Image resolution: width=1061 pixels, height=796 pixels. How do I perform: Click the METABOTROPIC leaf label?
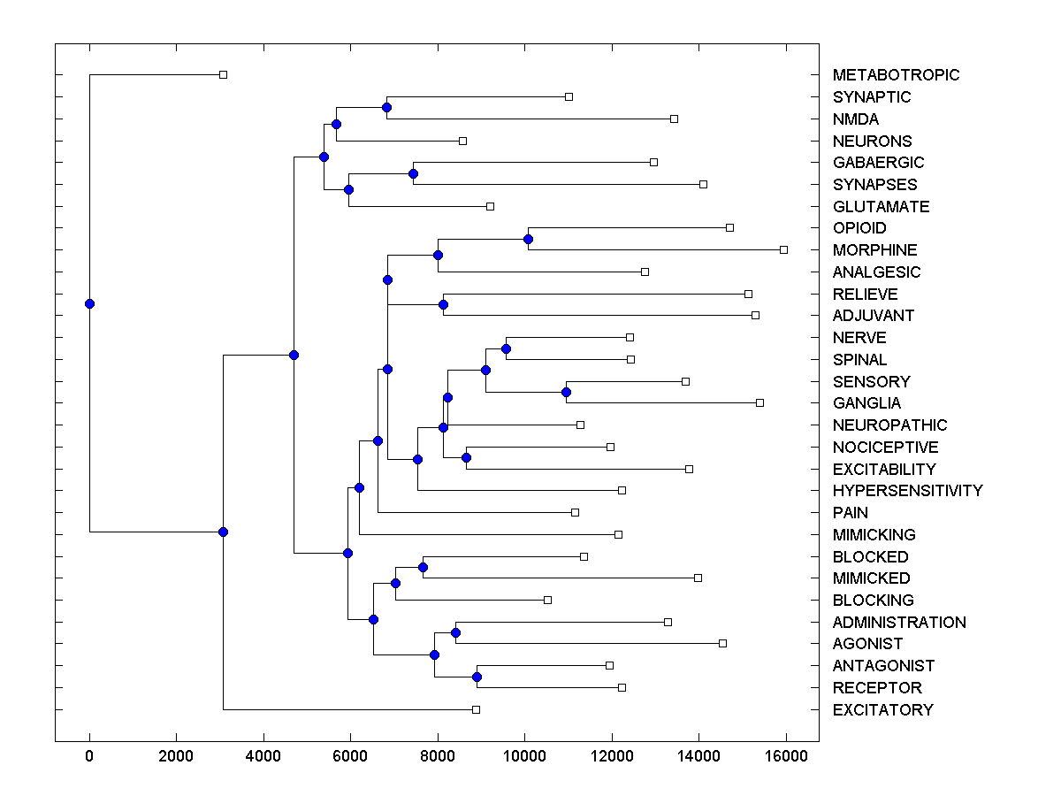pos(896,75)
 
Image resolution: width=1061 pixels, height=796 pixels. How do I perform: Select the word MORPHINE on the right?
pos(874,250)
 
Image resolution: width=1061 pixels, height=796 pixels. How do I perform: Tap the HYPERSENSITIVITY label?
pos(907,491)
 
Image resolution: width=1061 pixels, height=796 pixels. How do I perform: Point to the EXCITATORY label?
pos(882,710)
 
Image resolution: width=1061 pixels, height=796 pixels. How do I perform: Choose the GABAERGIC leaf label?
pos(878,163)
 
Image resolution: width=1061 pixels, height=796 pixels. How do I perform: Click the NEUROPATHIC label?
pos(889,425)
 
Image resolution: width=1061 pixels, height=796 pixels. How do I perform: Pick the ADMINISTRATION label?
pos(899,623)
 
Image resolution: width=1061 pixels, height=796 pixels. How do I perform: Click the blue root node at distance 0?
pos(89,303)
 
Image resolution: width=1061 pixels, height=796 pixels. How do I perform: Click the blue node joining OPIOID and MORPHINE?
pos(528,239)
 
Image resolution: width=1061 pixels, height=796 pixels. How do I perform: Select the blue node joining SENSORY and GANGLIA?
pos(567,392)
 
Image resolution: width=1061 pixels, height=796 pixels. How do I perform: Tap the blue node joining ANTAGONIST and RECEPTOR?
pos(477,677)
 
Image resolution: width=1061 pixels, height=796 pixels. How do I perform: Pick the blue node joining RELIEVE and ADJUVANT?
pos(444,304)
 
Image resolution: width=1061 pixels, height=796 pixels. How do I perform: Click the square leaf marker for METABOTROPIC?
pos(223,74)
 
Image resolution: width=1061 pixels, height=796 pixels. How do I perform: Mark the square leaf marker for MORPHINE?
pos(783,249)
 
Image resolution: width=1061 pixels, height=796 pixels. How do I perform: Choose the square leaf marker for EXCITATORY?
pos(476,709)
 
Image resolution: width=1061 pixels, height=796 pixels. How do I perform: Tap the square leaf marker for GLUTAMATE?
pos(490,206)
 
